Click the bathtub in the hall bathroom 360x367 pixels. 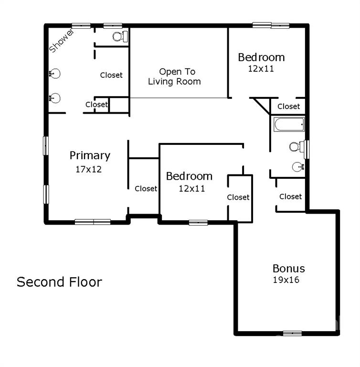pyautogui.click(x=289, y=124)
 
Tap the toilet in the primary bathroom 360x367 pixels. pyautogui.click(x=120, y=36)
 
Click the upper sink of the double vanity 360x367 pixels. pyautogui.click(x=55, y=74)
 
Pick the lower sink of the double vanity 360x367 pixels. pyautogui.click(x=55, y=98)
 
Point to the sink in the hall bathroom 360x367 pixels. pyautogui.click(x=298, y=167)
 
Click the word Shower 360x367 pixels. pyautogui.click(x=62, y=41)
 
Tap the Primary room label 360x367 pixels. pyautogui.click(x=90, y=156)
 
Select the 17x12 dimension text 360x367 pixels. pyautogui.click(x=89, y=169)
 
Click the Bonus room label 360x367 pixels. pyautogui.click(x=289, y=269)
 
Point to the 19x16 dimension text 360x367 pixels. pyautogui.click(x=286, y=280)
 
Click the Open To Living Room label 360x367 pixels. pyautogui.click(x=174, y=76)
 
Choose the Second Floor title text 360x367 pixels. pyautogui.click(x=59, y=282)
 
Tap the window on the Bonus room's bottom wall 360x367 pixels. pyautogui.click(x=292, y=333)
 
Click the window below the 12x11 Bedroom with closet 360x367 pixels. pyautogui.click(x=198, y=223)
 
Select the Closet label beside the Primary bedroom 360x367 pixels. pyautogui.click(x=146, y=188)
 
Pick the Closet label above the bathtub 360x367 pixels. pyautogui.click(x=288, y=107)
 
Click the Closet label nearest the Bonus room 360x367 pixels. pyautogui.click(x=290, y=196)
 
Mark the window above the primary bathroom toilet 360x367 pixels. pyautogui.click(x=113, y=25)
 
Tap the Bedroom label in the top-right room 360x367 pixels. pyautogui.click(x=261, y=57)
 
